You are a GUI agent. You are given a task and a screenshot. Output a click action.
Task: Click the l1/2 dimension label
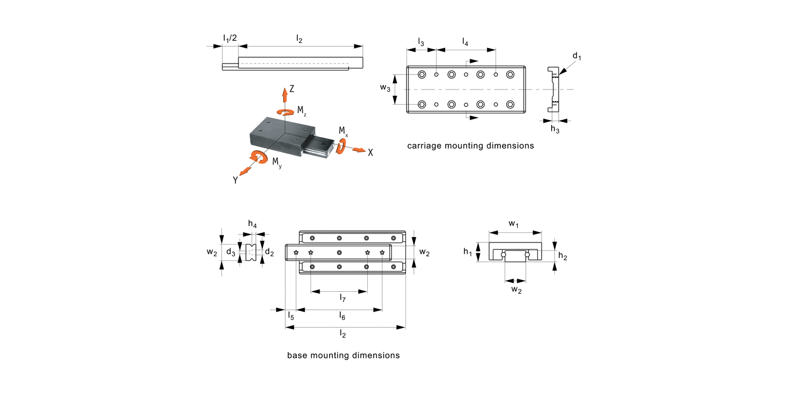pyautogui.click(x=229, y=39)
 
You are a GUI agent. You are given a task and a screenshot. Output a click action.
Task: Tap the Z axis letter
pyautogui.click(x=291, y=89)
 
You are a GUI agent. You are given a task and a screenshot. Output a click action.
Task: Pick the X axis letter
pyautogui.click(x=370, y=152)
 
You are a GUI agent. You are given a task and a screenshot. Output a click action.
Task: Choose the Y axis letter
pyautogui.click(x=235, y=180)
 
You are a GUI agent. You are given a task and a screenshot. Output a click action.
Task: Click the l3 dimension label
pyautogui.click(x=421, y=42)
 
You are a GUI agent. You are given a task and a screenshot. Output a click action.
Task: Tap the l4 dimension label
pyautogui.click(x=465, y=42)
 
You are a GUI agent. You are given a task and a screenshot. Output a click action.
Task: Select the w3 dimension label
pyautogui.click(x=385, y=87)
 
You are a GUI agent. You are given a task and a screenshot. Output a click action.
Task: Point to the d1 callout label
pyautogui.click(x=577, y=57)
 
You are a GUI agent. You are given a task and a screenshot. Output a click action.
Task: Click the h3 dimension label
pyautogui.click(x=554, y=129)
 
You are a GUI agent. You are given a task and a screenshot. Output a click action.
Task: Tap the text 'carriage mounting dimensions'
pyautogui.click(x=470, y=146)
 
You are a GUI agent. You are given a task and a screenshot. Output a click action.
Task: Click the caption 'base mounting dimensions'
pyautogui.click(x=343, y=355)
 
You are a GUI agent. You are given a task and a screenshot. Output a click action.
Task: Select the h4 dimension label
pyautogui.click(x=253, y=225)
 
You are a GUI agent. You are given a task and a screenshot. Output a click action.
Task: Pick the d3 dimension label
pyautogui.click(x=231, y=252)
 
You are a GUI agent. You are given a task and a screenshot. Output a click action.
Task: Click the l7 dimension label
pyautogui.click(x=343, y=299)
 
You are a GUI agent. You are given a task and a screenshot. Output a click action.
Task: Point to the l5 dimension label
pyautogui.click(x=290, y=315)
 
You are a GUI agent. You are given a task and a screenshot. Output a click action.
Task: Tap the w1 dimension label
pyautogui.click(x=514, y=224)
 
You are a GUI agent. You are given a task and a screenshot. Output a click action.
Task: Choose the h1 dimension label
pyautogui.click(x=467, y=252)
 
